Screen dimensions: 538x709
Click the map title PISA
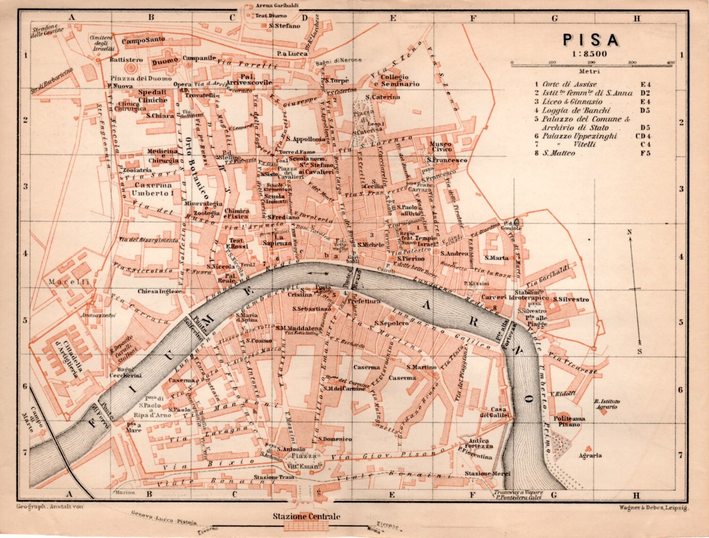point(591,40)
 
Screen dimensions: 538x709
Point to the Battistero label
point(126,60)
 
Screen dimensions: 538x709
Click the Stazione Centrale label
point(306,516)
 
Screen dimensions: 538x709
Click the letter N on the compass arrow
point(630,232)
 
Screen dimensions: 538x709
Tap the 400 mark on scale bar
point(670,62)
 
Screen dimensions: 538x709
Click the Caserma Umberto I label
point(152,189)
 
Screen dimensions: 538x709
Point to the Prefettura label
point(364,301)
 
